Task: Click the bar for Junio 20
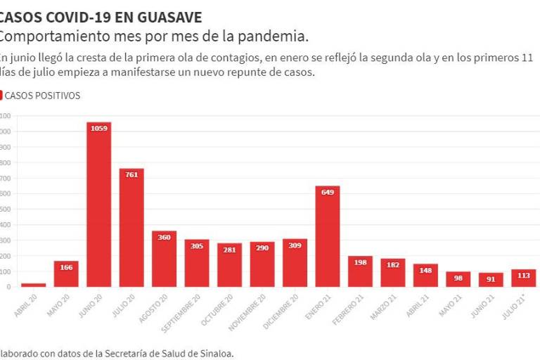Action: (99, 211)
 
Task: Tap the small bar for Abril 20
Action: (33, 284)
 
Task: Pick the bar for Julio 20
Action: (131, 232)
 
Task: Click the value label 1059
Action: (99, 128)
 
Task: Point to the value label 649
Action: (328, 192)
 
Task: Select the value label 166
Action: (66, 267)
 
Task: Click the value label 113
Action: (524, 276)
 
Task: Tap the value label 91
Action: (491, 278)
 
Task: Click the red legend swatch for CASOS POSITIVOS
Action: (1, 96)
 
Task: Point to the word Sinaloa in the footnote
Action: (214, 354)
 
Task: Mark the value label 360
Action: (165, 238)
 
